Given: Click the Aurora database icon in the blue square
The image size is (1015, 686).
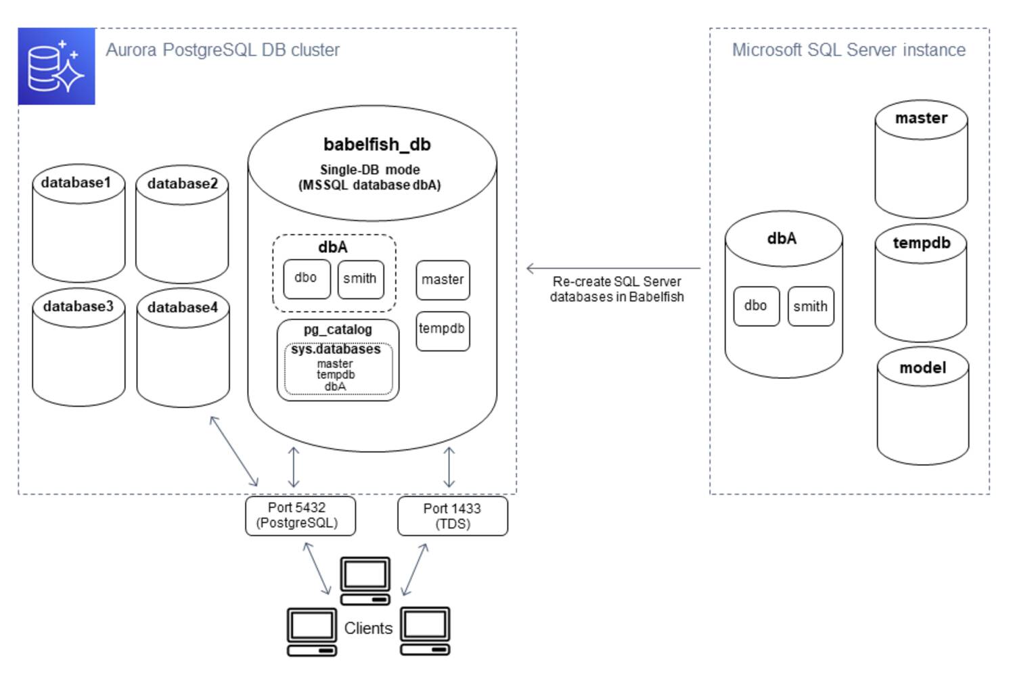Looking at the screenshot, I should click(56, 66).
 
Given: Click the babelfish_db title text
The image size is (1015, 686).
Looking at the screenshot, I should click(377, 144).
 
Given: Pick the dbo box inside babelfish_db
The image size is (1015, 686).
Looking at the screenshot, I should click(306, 278).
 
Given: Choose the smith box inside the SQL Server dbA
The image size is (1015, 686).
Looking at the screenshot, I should click(810, 306).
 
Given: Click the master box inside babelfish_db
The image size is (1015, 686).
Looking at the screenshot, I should click(443, 279).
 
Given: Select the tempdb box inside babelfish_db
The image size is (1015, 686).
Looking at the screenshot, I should click(442, 329).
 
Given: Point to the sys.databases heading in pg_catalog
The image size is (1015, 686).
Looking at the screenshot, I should click(336, 350).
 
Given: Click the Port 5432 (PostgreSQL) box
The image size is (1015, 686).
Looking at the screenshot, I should click(300, 516).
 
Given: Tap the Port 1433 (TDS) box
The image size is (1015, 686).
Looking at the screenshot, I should click(452, 516).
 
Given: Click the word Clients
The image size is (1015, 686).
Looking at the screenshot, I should click(368, 628).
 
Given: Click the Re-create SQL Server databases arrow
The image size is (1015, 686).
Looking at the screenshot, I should click(612, 269).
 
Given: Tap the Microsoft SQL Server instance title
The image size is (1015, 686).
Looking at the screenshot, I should click(849, 50).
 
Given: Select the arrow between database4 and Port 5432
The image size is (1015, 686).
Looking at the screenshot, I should click(233, 451).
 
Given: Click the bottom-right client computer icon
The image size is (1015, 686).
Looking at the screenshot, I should click(425, 631).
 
